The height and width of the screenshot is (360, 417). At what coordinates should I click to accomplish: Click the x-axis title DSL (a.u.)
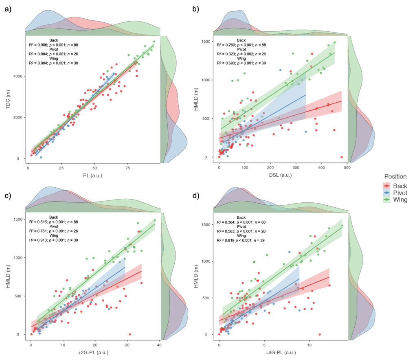point(281,176)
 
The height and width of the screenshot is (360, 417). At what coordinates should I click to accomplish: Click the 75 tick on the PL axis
point(128,167)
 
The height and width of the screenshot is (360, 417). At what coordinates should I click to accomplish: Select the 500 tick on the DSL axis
point(347,167)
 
